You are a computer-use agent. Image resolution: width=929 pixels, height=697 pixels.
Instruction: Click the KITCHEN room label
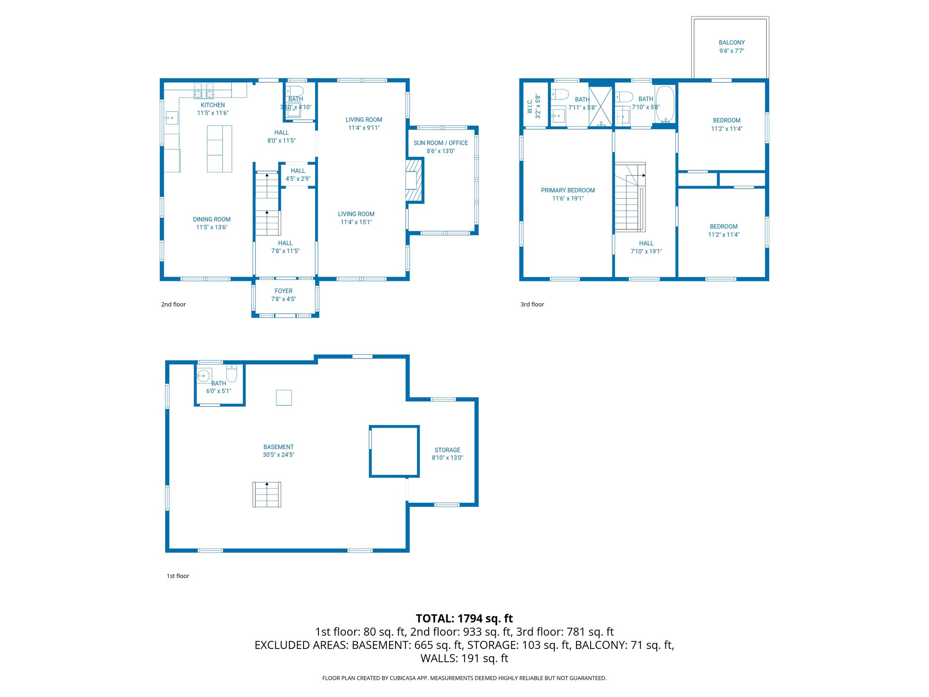click(213, 105)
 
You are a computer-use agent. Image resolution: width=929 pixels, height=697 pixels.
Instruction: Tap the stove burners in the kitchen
click(204, 90)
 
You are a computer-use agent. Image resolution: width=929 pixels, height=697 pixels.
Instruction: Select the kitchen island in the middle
click(220, 149)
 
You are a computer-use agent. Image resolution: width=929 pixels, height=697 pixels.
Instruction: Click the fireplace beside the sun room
click(413, 180)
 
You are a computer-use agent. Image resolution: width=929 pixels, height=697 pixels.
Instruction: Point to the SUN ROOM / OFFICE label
click(440, 143)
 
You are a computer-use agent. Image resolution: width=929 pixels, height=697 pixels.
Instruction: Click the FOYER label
click(284, 291)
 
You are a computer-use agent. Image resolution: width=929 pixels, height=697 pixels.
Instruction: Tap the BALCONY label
click(731, 43)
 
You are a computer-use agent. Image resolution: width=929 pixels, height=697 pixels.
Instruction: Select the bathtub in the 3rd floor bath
click(665, 105)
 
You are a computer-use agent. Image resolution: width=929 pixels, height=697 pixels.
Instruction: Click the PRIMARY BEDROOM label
click(567, 191)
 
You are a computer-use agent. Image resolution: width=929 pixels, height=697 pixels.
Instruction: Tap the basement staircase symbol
click(267, 494)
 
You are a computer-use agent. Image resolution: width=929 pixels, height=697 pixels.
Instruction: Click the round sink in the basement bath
click(204, 376)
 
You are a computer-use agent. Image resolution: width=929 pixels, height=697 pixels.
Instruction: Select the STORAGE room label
click(447, 450)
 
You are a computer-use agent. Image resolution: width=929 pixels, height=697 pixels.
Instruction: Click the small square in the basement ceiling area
click(284, 398)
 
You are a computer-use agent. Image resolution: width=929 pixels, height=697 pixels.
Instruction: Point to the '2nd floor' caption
click(173, 304)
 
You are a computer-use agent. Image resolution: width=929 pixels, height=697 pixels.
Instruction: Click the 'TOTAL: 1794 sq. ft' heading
click(464, 618)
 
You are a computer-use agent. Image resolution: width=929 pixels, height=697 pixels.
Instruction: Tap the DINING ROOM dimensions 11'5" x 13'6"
click(211, 227)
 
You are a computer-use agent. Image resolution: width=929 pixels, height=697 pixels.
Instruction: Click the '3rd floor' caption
click(532, 304)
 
